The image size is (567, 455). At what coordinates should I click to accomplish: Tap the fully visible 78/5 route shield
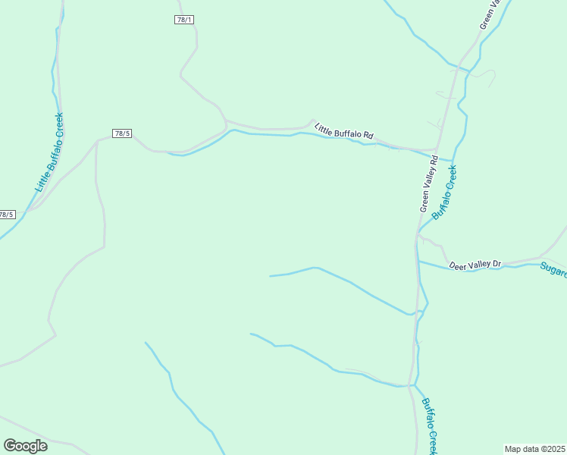click(122, 133)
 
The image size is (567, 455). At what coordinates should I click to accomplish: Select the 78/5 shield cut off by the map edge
click(7, 215)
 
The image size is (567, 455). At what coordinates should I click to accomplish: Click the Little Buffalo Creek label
click(49, 152)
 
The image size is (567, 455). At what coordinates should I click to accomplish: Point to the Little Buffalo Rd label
click(344, 130)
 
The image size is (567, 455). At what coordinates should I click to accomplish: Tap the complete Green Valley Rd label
click(429, 184)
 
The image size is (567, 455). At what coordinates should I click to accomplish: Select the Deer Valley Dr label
click(475, 265)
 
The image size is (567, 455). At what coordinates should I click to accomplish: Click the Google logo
click(25, 446)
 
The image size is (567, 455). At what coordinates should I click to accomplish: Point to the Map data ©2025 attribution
click(535, 448)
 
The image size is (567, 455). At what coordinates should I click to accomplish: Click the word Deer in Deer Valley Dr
click(457, 265)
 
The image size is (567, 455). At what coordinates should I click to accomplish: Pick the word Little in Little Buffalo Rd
click(324, 127)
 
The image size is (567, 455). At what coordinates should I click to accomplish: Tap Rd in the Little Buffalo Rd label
click(368, 135)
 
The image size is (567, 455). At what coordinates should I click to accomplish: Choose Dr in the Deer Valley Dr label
click(497, 264)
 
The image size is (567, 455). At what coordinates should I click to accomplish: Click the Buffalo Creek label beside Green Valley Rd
click(445, 193)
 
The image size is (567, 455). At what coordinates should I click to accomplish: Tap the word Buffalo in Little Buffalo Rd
click(348, 131)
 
